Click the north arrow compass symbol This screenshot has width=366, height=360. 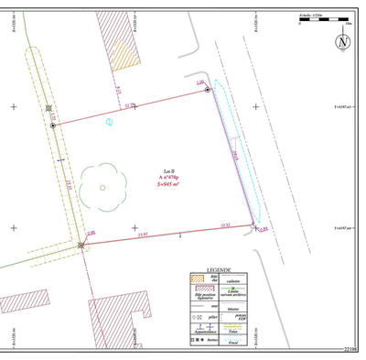point(342,42)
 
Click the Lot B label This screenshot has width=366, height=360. point(168,170)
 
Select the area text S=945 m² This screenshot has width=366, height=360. point(168,184)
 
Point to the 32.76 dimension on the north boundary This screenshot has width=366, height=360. point(131,105)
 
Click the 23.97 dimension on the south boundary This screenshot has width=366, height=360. point(142,235)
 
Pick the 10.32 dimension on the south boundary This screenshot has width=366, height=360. point(223,224)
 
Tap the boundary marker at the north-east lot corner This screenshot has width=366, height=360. point(208,90)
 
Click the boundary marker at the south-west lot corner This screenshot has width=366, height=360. point(81,245)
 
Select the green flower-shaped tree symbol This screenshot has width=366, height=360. point(102,187)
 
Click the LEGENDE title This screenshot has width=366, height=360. point(220,271)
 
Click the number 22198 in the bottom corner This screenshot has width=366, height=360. point(350,350)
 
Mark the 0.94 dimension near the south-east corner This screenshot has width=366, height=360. point(264,229)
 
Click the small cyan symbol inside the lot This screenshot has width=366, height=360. point(109,121)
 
